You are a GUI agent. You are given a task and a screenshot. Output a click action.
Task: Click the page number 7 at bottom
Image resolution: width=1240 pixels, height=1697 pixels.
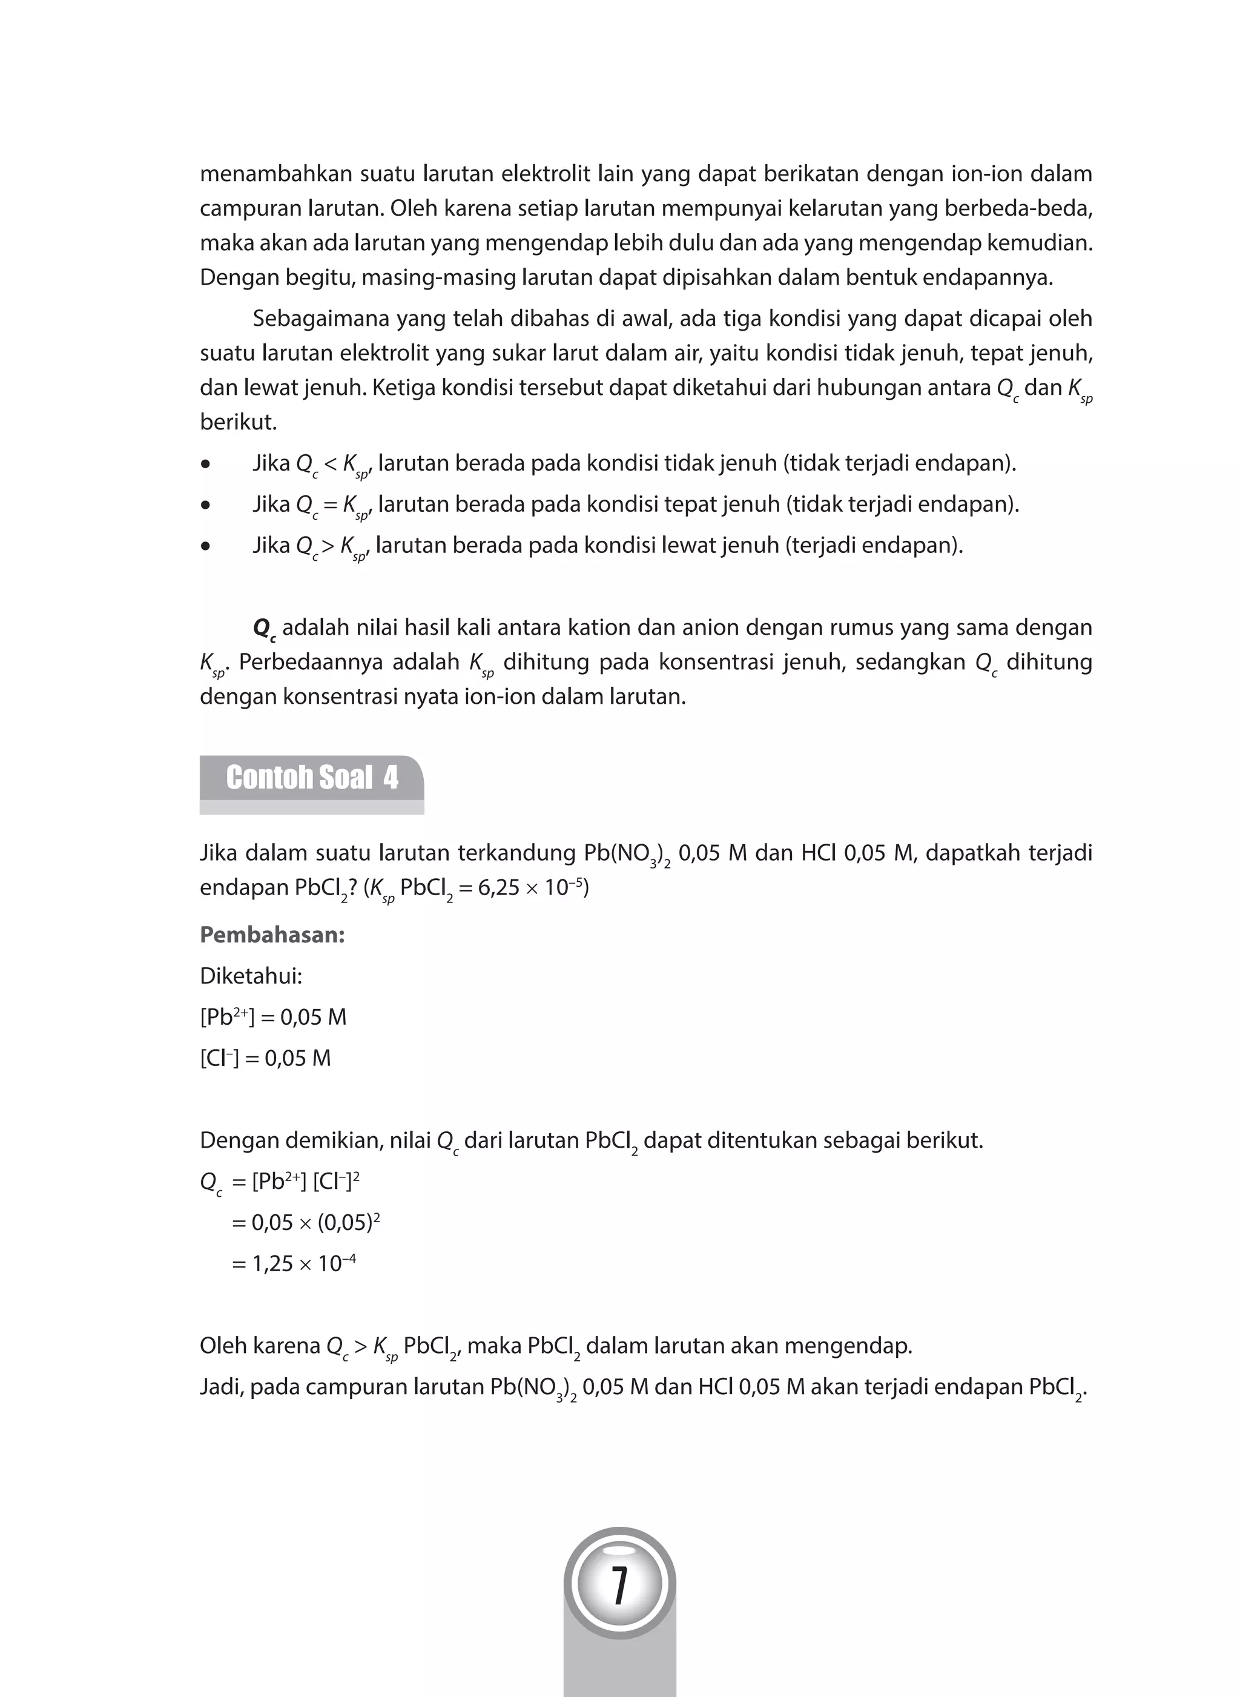coord(619,1585)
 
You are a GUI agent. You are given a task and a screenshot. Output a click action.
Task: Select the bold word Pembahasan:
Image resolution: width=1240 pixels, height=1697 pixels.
coord(272,936)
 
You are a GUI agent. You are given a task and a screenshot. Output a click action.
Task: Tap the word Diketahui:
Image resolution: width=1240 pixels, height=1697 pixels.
coord(251,976)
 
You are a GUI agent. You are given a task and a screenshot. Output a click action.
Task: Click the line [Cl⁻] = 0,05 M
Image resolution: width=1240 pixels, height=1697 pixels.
coord(265,1059)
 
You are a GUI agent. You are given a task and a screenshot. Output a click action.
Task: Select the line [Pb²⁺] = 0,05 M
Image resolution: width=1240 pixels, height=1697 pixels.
coord(273,1017)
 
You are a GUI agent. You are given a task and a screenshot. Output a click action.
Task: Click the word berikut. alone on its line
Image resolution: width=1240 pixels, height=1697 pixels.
coord(238,422)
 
